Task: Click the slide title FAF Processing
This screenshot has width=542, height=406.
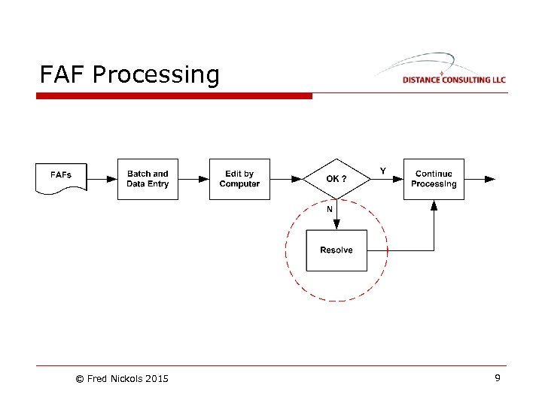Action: pos(129,74)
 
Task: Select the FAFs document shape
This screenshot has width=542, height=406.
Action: pos(62,177)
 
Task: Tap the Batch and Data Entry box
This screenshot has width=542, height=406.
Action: pos(148,179)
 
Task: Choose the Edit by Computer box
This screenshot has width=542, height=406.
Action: pos(239,179)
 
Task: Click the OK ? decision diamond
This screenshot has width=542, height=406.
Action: pos(336,179)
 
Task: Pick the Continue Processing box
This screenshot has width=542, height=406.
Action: pos(434,179)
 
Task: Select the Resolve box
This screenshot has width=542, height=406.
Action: pos(336,250)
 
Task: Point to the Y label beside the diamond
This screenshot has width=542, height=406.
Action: pos(382,171)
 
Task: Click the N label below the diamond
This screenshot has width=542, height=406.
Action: pos(329,209)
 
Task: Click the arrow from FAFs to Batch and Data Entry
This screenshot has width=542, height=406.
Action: pos(102,179)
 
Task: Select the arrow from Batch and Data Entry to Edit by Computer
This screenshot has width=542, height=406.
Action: pos(193,179)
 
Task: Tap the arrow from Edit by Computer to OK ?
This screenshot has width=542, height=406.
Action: pos(286,179)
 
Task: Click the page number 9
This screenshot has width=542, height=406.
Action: pos(497,378)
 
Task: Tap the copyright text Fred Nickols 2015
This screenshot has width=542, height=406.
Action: pos(122,379)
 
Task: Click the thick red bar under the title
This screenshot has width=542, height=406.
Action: pos(174,96)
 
